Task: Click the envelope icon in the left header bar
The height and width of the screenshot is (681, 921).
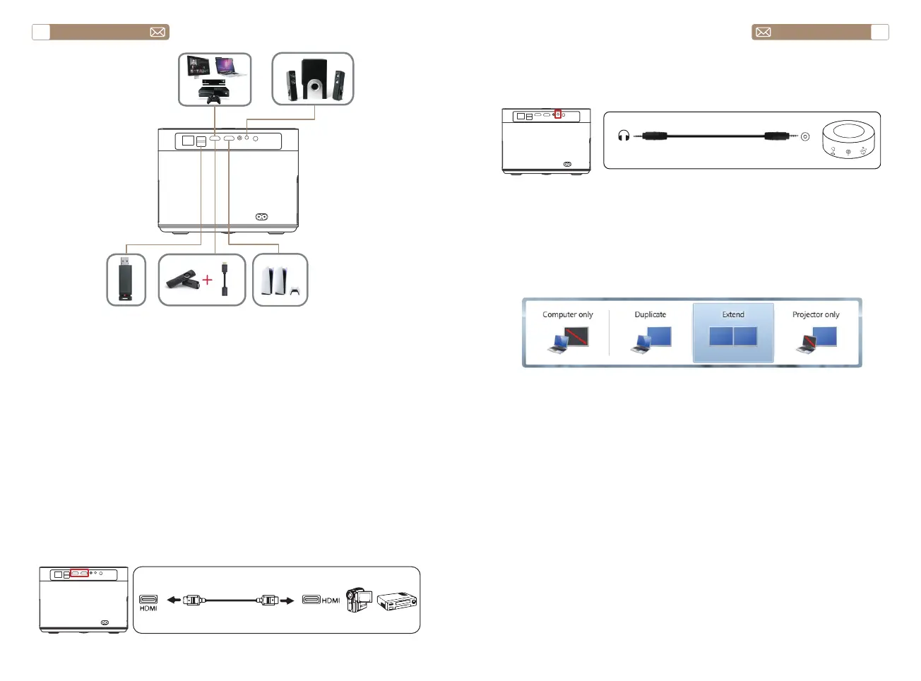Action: [x=158, y=32]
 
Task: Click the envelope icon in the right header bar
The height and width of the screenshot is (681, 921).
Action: [x=763, y=32]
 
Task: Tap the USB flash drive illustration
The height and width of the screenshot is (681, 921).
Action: [x=126, y=280]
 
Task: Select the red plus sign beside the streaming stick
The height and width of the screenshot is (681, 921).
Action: [x=207, y=280]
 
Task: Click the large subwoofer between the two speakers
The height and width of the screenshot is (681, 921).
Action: [x=313, y=78]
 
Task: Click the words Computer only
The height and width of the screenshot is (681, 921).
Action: [x=567, y=314]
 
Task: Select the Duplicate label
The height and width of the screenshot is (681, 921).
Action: [x=650, y=314]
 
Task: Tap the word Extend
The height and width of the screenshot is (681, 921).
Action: [x=733, y=314]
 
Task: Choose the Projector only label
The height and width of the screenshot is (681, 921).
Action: [x=816, y=314]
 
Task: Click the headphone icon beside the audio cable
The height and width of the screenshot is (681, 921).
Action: [x=624, y=136]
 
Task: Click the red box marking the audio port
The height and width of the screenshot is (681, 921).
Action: [x=557, y=114]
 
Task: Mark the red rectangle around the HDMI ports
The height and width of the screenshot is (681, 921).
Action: [x=79, y=573]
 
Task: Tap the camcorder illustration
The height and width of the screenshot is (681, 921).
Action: [x=359, y=599]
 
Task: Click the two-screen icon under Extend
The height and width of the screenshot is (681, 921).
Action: [x=733, y=336]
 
